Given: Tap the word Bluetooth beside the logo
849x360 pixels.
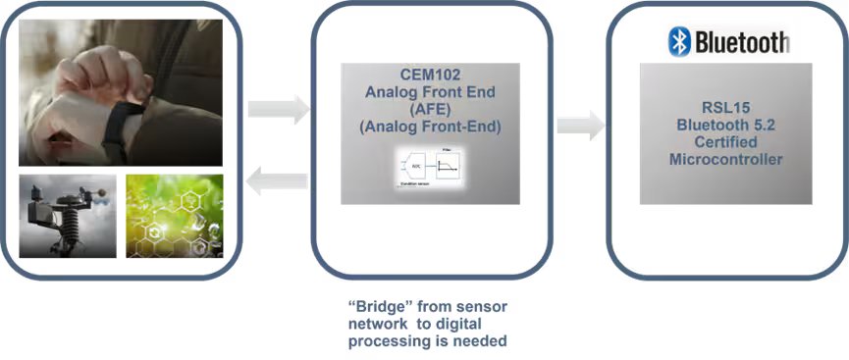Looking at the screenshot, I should (742, 42).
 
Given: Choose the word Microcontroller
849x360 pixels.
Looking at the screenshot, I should (725, 159).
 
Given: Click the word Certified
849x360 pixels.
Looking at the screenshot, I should (725, 142).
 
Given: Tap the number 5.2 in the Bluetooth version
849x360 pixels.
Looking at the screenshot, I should (760, 126).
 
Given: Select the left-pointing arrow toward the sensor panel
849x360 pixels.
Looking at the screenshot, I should (277, 179).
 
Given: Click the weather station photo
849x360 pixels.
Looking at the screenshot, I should (68, 216).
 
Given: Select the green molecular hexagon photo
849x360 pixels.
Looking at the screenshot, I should (174, 216).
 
